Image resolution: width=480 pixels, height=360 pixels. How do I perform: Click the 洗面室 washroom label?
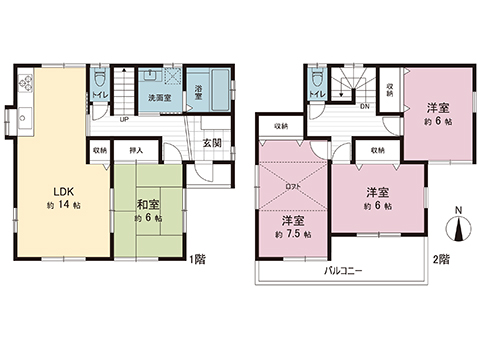tap(160, 98)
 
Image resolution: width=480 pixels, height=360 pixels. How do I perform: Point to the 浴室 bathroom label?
tap(199, 92)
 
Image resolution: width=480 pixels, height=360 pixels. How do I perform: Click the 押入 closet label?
tap(137, 151)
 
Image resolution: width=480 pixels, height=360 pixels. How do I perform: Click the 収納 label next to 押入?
tap(101, 151)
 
